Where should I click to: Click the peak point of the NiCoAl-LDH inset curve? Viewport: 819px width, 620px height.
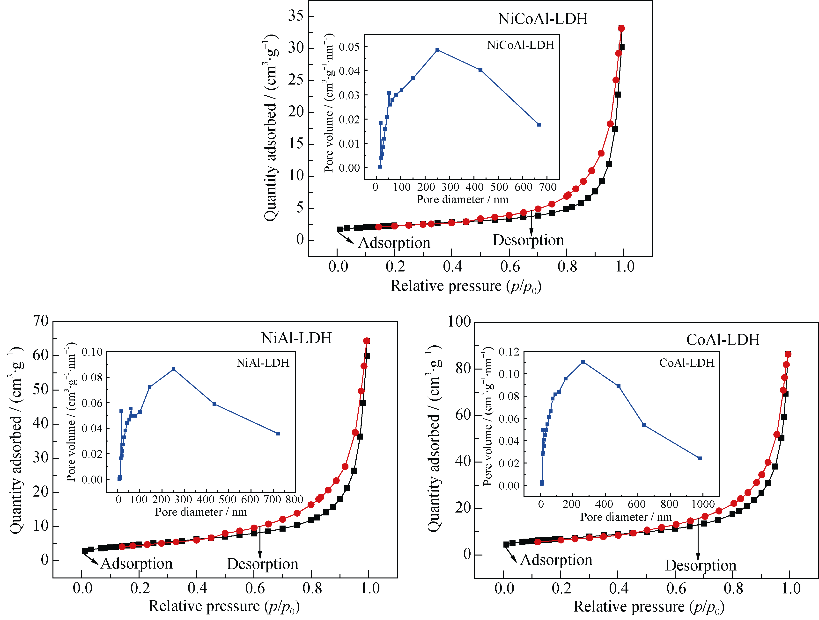click(437, 50)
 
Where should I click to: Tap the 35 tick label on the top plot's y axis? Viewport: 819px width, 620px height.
click(296, 16)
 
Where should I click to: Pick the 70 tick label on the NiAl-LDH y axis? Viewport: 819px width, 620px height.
click(41, 321)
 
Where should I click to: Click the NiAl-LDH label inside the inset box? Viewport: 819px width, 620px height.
click(263, 363)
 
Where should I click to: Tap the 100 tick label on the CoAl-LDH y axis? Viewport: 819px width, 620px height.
click(459, 321)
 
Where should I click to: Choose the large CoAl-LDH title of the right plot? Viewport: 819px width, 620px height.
click(723, 340)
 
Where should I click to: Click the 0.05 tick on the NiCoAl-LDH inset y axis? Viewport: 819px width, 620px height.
click(349, 47)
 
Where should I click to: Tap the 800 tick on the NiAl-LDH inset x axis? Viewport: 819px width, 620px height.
click(294, 500)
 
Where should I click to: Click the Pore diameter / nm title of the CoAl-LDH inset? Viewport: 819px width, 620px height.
click(626, 517)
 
